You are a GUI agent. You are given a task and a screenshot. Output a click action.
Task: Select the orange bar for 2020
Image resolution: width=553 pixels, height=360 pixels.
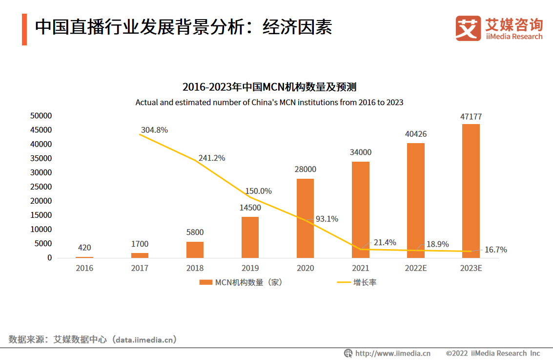point(306,218)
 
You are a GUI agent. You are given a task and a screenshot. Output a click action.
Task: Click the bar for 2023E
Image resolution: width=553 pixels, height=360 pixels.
point(471,191)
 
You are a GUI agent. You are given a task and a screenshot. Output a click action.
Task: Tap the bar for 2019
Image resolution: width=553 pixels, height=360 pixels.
point(250,237)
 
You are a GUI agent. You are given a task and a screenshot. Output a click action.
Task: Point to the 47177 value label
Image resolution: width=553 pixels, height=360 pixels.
point(471,117)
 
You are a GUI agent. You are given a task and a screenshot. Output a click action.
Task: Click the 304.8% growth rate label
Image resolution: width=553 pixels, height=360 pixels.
point(154,130)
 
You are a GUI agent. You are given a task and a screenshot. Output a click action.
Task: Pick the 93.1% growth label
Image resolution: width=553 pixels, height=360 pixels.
point(327,219)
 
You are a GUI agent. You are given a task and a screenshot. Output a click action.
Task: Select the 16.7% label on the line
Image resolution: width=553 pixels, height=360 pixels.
point(495,250)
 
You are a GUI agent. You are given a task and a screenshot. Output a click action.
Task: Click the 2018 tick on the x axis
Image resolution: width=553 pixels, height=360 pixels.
point(195,268)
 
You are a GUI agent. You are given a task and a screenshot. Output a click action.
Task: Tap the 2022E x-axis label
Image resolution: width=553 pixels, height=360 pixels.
point(416,268)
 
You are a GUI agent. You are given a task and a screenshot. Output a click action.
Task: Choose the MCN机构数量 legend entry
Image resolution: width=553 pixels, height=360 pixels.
point(241,282)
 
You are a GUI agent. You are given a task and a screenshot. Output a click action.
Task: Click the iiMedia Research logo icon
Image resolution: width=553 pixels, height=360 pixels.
point(468,28)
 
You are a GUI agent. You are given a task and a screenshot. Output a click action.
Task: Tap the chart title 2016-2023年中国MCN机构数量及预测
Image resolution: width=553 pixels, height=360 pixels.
point(269,87)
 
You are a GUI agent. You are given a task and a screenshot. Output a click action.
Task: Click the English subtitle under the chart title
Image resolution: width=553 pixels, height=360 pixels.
point(269,103)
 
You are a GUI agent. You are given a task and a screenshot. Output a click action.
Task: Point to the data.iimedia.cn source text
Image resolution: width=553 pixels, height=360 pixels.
point(144,339)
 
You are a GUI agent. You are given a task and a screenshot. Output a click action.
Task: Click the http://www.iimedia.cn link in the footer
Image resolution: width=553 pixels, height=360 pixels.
point(392,353)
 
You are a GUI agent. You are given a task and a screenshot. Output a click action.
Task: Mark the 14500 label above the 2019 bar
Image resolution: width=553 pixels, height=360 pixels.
point(250,208)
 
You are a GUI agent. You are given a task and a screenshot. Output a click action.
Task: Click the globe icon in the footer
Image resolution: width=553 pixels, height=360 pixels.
point(348,353)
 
